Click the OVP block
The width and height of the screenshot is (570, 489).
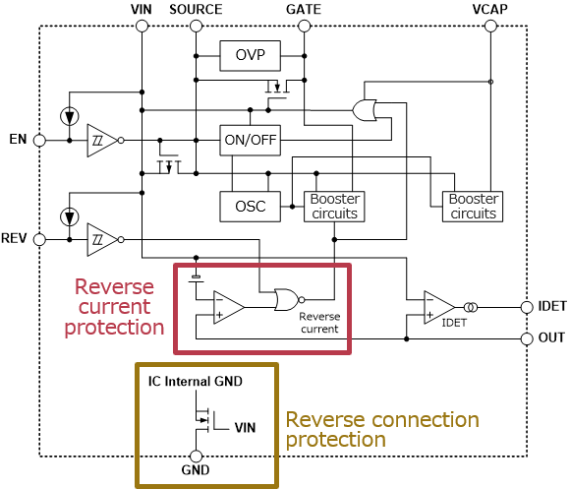pyautogui.click(x=250, y=56)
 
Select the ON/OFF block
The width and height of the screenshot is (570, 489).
pyautogui.click(x=250, y=140)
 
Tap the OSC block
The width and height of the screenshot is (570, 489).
pyautogui.click(x=250, y=207)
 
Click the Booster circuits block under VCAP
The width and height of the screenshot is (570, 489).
pyautogui.click(x=473, y=207)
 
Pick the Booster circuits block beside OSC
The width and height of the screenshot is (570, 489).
pyautogui.click(x=334, y=207)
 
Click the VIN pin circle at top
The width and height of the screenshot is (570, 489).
pyautogui.click(x=142, y=27)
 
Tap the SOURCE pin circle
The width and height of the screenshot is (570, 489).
pyautogui.click(x=196, y=27)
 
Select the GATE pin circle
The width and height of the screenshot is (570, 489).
pyautogui.click(x=304, y=27)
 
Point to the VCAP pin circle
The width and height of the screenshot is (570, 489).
pyautogui.click(x=490, y=27)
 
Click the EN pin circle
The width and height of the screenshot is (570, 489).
pyautogui.click(x=39, y=141)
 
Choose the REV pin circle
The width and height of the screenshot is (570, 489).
pyautogui.click(x=39, y=240)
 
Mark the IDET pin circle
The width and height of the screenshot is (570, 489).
pyautogui.click(x=527, y=307)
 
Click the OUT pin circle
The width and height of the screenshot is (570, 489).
pyautogui.click(x=527, y=338)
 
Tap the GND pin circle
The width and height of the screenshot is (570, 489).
pyautogui.click(x=196, y=457)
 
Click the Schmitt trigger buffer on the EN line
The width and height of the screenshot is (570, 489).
pyautogui.click(x=103, y=141)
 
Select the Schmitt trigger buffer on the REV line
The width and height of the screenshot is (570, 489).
pyautogui.click(x=103, y=240)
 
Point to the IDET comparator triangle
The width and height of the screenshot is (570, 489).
pyautogui.click(x=438, y=307)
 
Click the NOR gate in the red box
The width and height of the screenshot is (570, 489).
pyautogui.click(x=289, y=300)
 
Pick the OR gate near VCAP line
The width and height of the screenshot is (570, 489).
pyautogui.click(x=365, y=110)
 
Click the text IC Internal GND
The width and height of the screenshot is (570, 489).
pyautogui.click(x=196, y=382)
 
